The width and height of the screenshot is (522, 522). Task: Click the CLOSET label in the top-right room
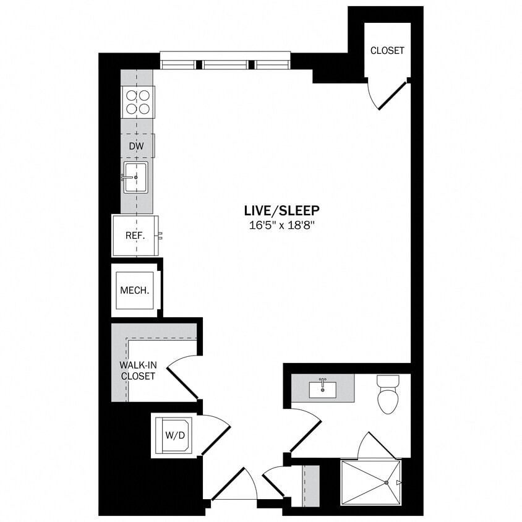[387, 51]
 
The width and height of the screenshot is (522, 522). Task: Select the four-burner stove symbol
[138, 102]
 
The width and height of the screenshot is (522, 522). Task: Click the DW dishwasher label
[136, 146]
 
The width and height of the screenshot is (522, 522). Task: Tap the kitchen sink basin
[135, 177]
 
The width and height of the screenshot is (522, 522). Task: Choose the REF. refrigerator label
[135, 236]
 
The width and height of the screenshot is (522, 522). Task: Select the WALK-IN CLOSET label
[138, 370]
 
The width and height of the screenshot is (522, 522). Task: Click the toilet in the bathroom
[387, 395]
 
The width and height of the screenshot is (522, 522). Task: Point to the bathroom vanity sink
[322, 389]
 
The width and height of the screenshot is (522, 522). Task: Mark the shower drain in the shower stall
[386, 482]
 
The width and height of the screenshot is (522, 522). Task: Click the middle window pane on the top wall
[226, 64]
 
